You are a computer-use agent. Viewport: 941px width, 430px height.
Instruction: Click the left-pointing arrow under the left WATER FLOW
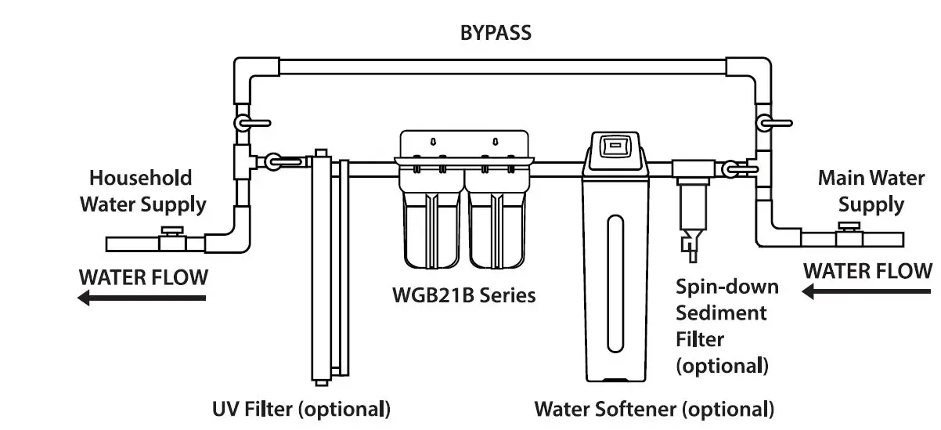[x=142, y=298]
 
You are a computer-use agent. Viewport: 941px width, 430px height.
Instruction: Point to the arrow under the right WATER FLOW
[x=867, y=292]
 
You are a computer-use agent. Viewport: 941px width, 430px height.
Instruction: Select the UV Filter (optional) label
[x=301, y=409]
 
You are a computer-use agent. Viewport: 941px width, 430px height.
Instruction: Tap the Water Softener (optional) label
[x=654, y=409]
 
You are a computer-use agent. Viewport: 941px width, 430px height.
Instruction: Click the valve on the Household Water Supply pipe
[x=171, y=238]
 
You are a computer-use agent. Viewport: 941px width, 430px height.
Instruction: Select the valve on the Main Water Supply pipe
[x=846, y=235]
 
